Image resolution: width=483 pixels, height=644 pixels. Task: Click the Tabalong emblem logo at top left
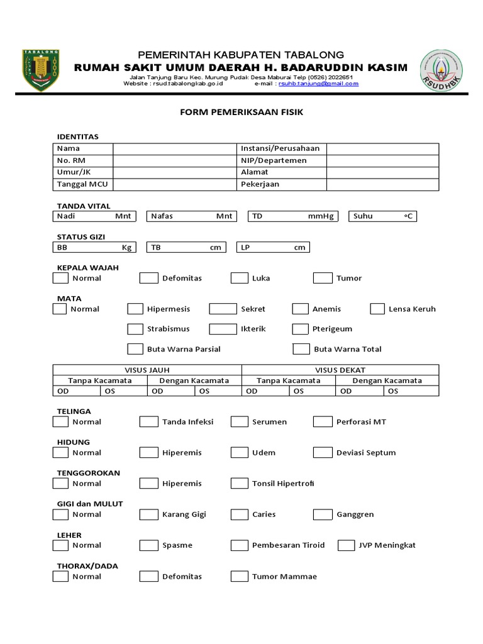pyautogui.click(x=40, y=70)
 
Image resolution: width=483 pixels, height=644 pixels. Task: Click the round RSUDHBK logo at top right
pyautogui.click(x=441, y=71)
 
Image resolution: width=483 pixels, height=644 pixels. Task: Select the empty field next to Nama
pyautogui.click(x=174, y=148)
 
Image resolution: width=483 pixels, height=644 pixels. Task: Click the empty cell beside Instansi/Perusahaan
pyautogui.click(x=382, y=148)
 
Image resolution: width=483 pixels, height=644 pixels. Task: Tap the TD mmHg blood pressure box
pyautogui.click(x=292, y=216)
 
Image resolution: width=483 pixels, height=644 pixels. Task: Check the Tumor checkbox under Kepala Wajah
pyautogui.click(x=323, y=278)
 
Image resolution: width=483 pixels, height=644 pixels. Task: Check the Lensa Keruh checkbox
pyautogui.click(x=377, y=309)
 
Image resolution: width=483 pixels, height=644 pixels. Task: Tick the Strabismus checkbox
pyautogui.click(x=135, y=329)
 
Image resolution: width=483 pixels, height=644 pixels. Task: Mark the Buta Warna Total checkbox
pyautogui.click(x=302, y=349)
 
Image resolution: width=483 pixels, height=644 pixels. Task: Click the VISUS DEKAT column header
pyautogui.click(x=340, y=370)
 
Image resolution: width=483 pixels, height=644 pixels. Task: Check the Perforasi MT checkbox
pyautogui.click(x=323, y=421)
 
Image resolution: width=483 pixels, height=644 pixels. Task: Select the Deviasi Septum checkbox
pyautogui.click(x=323, y=452)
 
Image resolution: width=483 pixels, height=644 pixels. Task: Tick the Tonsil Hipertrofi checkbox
pyautogui.click(x=240, y=483)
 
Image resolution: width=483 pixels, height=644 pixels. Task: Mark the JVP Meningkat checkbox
pyautogui.click(x=346, y=545)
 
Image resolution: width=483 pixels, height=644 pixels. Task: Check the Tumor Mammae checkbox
pyautogui.click(x=240, y=576)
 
